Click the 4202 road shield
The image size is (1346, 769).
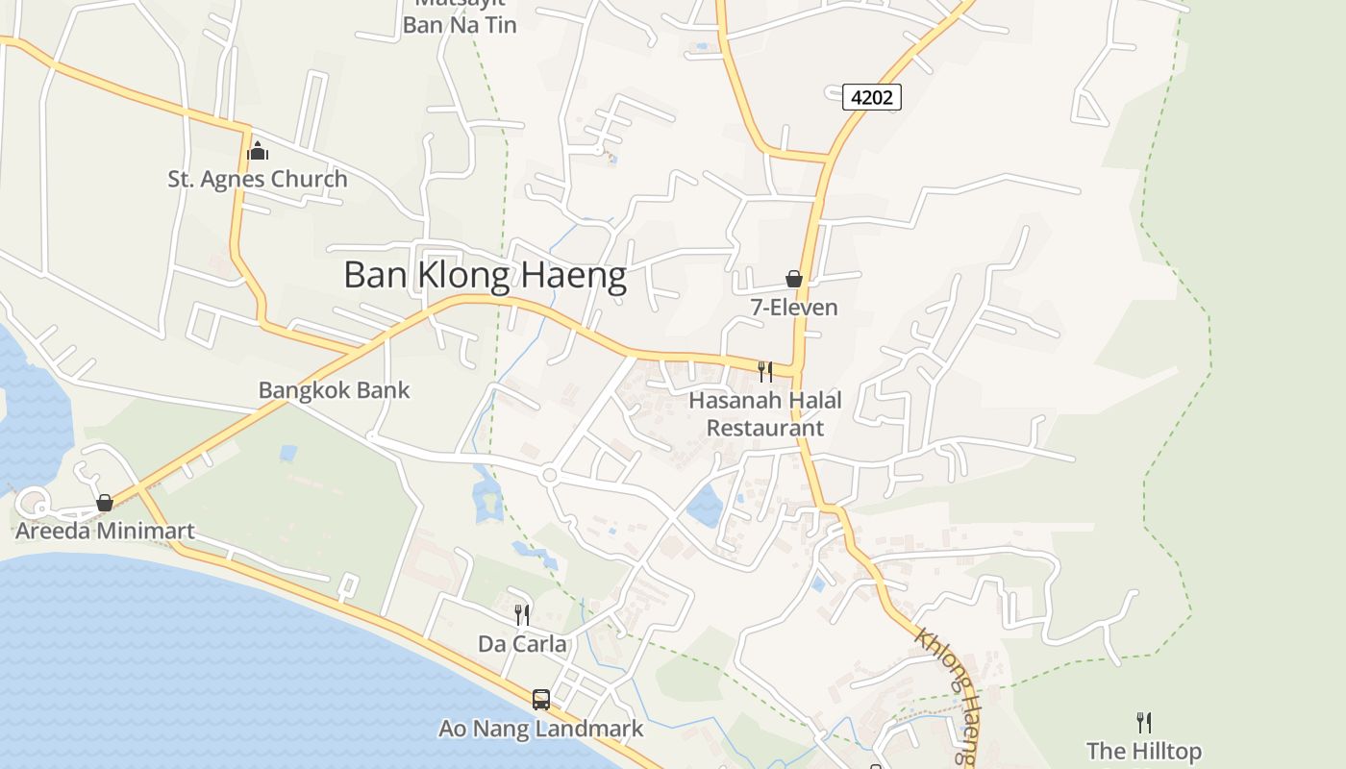[871, 96]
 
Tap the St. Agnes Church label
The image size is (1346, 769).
[258, 179]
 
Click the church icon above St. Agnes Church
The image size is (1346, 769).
[257, 151]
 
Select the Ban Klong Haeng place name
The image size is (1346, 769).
[485, 275]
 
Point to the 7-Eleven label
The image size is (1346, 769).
[794, 308]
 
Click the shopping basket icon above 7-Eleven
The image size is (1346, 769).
[794, 279]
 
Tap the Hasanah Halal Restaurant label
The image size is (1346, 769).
[765, 414]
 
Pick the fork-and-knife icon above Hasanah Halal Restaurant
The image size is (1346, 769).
[765, 371]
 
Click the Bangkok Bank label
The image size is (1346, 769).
[334, 390]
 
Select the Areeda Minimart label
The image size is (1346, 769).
[105, 531]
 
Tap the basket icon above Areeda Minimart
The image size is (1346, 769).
[105, 503]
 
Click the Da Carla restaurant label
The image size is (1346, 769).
[522, 644]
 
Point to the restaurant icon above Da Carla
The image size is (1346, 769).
[522, 615]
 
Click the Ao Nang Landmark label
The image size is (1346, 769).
[541, 729]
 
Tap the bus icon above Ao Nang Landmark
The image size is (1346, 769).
[541, 700]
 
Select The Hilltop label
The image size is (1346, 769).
[1144, 751]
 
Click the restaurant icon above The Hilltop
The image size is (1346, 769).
[1144, 722]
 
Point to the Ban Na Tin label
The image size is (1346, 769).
[460, 25]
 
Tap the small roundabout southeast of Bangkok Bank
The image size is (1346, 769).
[550, 475]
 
